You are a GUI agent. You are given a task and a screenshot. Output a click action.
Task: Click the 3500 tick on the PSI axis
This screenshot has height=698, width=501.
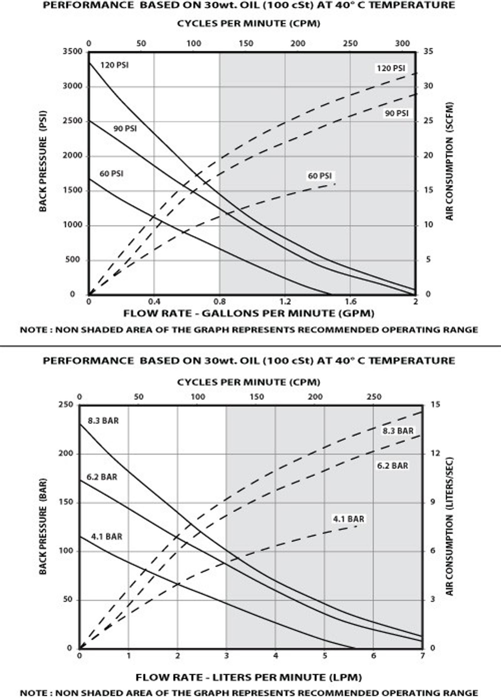[x=72, y=51]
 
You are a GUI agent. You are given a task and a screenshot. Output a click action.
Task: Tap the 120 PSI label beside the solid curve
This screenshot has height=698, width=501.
[x=114, y=65]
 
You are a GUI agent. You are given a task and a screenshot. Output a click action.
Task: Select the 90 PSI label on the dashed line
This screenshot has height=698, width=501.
[x=396, y=113]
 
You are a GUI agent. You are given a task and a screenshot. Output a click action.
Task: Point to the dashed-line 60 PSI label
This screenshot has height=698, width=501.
[x=319, y=176]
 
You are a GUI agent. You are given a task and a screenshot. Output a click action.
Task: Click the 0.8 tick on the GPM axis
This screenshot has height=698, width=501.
[x=220, y=302]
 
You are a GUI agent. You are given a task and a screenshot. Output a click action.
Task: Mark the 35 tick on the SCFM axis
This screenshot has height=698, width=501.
[x=428, y=51]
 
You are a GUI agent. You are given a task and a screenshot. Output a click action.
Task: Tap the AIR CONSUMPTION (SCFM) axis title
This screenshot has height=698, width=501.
[x=449, y=161]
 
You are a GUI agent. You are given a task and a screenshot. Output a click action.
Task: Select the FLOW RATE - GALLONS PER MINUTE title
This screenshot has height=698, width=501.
[x=249, y=313]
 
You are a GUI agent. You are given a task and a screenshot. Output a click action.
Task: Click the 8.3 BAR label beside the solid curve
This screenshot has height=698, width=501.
[x=103, y=421]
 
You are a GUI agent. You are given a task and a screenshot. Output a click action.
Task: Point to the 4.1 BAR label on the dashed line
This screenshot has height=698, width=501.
[x=349, y=519]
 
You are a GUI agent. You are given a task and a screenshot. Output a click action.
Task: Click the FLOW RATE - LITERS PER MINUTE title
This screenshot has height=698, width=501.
[x=249, y=678]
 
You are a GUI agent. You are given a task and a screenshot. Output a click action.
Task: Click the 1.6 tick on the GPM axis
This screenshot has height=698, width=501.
[x=350, y=302]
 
